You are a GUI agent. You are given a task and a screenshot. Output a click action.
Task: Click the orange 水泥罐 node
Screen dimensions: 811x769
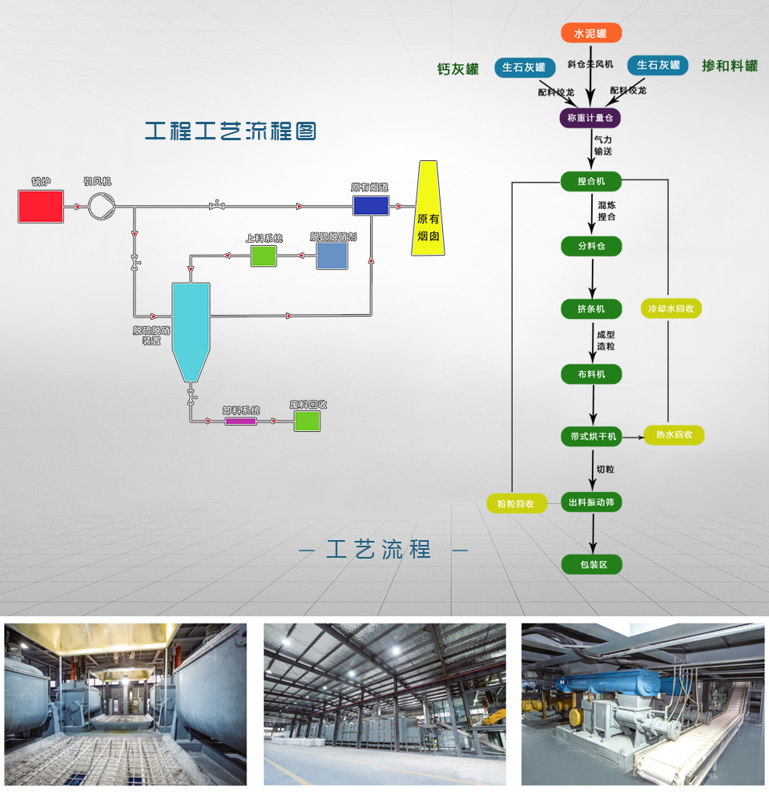click(x=590, y=33)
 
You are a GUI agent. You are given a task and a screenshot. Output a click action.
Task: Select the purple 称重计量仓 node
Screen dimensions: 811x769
click(x=590, y=119)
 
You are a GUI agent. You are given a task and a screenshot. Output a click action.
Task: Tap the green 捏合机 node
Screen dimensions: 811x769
click(x=591, y=182)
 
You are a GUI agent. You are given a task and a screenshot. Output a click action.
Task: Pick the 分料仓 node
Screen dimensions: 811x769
click(x=591, y=246)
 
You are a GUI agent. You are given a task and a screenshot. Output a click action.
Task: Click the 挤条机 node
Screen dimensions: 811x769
click(x=591, y=309)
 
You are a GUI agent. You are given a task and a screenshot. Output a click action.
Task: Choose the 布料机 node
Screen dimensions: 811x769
click(x=591, y=373)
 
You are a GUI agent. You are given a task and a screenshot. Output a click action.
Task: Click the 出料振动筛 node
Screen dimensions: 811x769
click(x=591, y=502)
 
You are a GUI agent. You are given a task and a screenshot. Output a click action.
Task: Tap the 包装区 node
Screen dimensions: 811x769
click(x=591, y=565)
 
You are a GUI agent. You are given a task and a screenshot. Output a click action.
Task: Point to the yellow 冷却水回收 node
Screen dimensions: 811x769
click(x=671, y=309)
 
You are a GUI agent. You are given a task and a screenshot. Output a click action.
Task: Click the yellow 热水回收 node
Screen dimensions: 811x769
click(x=674, y=435)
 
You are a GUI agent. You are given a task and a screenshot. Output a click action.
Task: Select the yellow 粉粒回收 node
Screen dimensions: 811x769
click(x=515, y=504)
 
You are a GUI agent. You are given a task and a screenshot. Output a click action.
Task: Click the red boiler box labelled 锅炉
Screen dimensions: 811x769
click(x=41, y=206)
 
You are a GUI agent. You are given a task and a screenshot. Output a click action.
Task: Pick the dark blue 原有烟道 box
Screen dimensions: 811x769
click(x=371, y=205)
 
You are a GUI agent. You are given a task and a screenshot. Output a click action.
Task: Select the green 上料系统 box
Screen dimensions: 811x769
click(x=264, y=256)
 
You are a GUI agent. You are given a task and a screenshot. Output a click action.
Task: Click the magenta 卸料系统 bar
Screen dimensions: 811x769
click(x=240, y=421)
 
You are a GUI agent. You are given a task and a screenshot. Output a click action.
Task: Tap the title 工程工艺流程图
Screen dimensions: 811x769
click(x=231, y=131)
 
